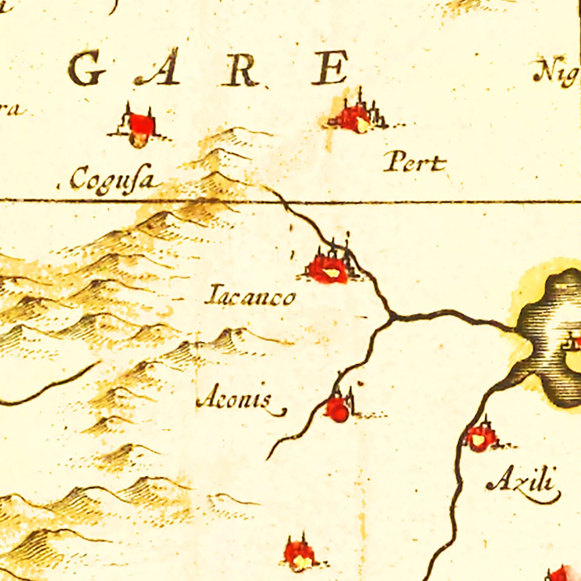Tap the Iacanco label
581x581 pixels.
coord(251,297)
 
